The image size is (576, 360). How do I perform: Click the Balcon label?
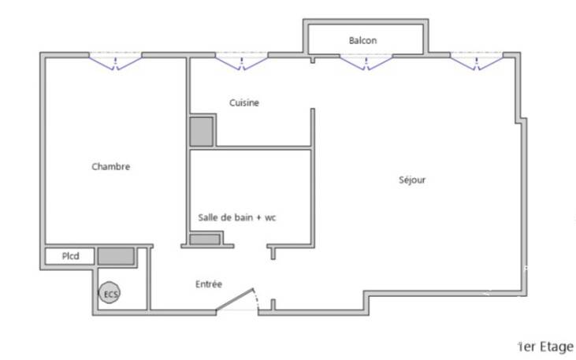[362, 40]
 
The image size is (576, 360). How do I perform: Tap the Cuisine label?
[244, 102]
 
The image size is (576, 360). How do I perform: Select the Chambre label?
[110, 166]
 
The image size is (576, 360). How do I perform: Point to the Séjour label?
[412, 180]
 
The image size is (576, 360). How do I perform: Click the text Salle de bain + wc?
[237, 217]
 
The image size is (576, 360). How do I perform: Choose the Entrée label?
[209, 284]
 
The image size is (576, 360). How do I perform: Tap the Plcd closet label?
[70, 256]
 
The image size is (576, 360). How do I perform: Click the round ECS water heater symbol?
[110, 293]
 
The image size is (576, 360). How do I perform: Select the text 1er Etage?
[546, 347]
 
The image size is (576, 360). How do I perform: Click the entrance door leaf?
[235, 300]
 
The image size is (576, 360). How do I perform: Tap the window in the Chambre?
[115, 61]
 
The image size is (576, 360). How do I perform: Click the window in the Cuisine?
[241, 61]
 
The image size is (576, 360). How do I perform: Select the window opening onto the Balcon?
[366, 61]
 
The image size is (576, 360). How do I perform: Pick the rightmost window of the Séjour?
[477, 61]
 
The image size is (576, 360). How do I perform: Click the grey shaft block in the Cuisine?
[201, 132]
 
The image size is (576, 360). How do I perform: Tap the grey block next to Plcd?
[116, 256]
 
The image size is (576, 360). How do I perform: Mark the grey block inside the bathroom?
[205, 239]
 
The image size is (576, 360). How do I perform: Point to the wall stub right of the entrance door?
[273, 306]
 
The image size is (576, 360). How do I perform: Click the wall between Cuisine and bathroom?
[262, 147]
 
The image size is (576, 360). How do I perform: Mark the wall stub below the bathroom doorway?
[273, 254]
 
